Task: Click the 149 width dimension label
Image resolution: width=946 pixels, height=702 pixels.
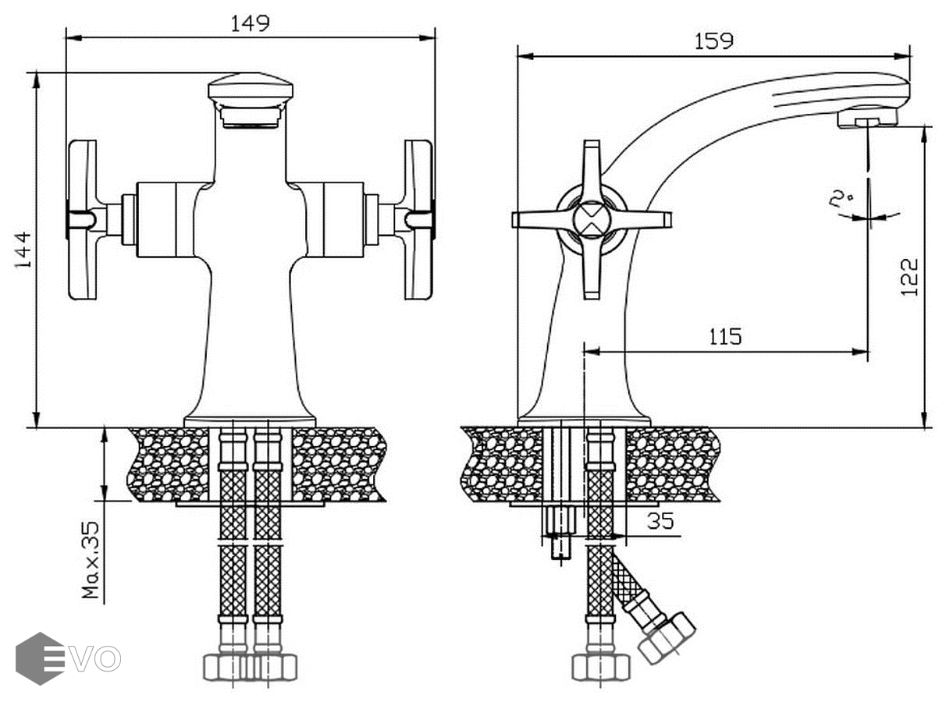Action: tap(250, 23)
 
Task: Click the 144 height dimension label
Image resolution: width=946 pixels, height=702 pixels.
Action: tap(23, 250)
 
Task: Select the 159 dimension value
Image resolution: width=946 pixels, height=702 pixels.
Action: tap(714, 41)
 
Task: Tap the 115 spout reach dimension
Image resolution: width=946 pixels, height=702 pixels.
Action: tap(725, 336)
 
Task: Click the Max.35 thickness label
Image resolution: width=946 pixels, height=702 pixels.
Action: tap(91, 559)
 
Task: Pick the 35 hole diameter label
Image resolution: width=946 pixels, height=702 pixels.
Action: tap(660, 520)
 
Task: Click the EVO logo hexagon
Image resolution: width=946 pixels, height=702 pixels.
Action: tap(39, 658)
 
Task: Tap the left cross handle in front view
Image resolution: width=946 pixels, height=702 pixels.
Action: tap(83, 220)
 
